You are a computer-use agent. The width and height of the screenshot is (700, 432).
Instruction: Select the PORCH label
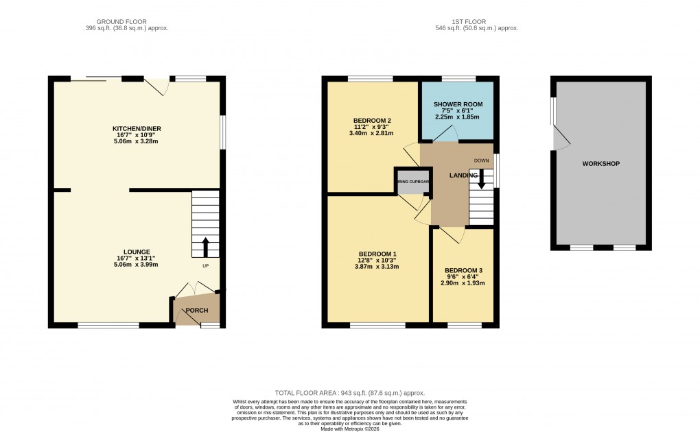[x=198, y=311]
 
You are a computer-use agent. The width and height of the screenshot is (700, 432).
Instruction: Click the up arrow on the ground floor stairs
[x=205, y=245]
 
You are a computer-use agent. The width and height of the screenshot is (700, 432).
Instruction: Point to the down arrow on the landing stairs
[x=481, y=179]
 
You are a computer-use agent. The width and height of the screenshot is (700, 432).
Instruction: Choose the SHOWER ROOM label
[x=458, y=104]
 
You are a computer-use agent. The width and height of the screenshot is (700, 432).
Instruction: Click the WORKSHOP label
[x=600, y=164]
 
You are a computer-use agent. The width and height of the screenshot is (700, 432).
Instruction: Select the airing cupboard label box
[x=412, y=182]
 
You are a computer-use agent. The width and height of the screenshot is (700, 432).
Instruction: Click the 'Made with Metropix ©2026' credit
[x=349, y=429]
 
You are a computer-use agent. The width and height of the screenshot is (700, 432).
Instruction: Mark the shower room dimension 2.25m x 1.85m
[x=458, y=117]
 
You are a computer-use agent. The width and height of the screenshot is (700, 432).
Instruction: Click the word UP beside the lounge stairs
[x=205, y=265]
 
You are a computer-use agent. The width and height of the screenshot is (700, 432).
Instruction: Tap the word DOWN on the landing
[x=481, y=161]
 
